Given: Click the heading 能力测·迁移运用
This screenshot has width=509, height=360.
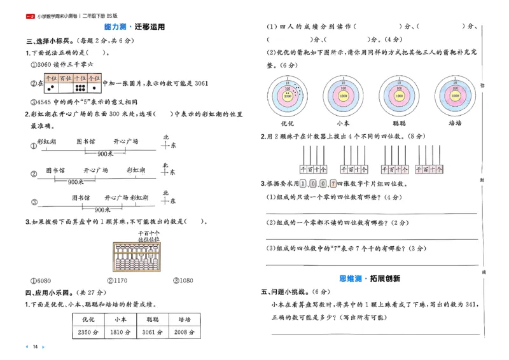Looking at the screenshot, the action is (134, 27).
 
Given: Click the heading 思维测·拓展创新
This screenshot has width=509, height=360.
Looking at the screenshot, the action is (374, 279).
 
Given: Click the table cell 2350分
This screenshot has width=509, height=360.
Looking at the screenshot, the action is (88, 332).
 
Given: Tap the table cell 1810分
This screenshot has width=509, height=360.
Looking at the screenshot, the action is (120, 332).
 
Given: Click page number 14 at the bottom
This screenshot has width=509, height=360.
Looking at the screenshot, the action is (36, 347).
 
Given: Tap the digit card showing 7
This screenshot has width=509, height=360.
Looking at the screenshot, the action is (333, 184).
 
